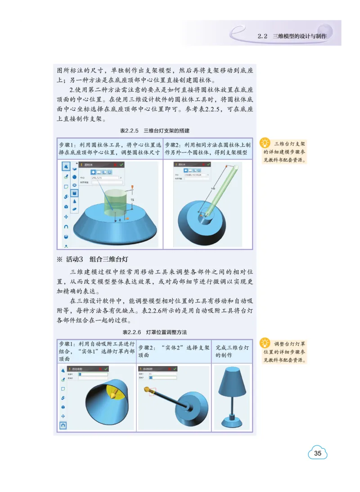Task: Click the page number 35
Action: (x=318, y=453)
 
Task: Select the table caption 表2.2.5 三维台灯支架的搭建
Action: (x=154, y=131)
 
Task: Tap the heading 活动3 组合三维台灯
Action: (x=97, y=259)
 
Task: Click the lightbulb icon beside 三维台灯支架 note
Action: (x=265, y=143)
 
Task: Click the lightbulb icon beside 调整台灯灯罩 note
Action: (x=265, y=343)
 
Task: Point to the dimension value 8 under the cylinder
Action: (x=120, y=220)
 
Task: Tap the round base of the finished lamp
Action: (x=232, y=422)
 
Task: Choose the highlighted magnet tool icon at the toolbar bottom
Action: (x=63, y=425)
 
